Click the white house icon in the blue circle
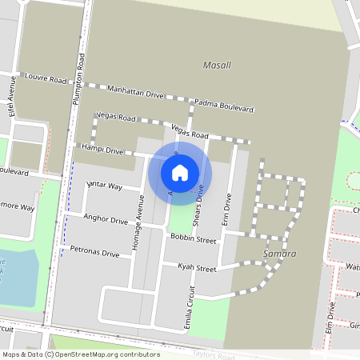click(x=180, y=172)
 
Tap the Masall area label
click(x=217, y=64)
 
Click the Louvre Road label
click(x=46, y=80)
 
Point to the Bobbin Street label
click(x=193, y=239)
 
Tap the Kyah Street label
click(x=197, y=269)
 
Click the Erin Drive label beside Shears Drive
click(x=228, y=207)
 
